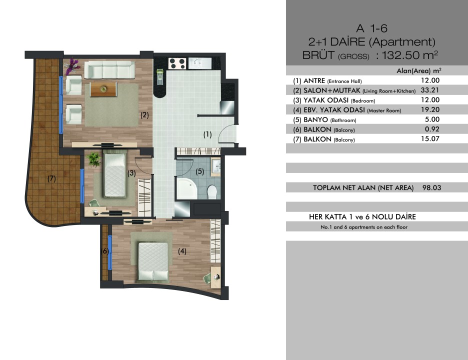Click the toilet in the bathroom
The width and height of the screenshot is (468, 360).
pos(212,192)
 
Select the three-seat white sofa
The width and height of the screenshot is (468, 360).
pos(109,70)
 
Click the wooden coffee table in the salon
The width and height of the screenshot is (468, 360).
pos(103,89)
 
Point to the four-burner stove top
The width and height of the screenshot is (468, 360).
pos(177,63)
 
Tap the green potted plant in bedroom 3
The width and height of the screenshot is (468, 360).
pos(94,159)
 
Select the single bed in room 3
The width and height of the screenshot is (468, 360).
pos(114,174)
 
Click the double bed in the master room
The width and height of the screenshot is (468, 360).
pos(153,261)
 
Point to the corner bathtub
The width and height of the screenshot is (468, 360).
pos(186,188)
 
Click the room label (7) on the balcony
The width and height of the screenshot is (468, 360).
pos(51,178)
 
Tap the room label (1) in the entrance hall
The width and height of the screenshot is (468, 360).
pos(207,134)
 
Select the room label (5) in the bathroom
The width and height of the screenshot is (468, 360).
pos(199,171)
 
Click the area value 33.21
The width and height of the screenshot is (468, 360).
pos(430,90)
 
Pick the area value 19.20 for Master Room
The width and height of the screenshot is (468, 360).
pos(430,109)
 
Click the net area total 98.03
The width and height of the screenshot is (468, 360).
pos(431,188)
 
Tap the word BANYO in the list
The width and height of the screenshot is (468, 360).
pos(315,119)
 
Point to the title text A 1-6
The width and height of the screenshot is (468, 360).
pos(371,28)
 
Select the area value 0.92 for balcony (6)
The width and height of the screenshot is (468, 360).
pos(432,129)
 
